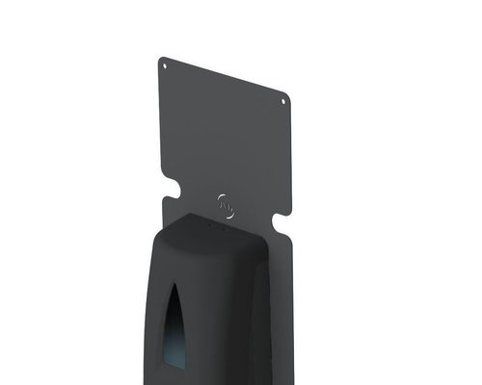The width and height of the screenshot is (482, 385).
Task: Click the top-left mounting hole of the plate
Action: click(165, 66)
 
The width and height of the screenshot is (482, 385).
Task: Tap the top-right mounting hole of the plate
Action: click(282, 96)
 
